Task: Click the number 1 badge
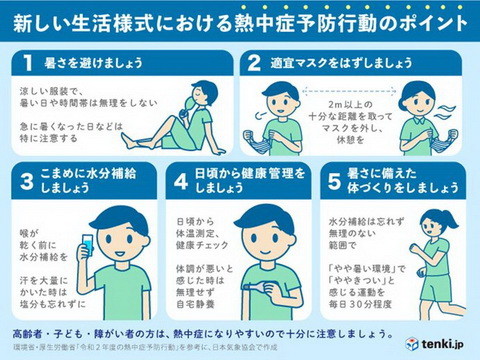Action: point(30,62)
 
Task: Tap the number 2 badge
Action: point(253,62)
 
